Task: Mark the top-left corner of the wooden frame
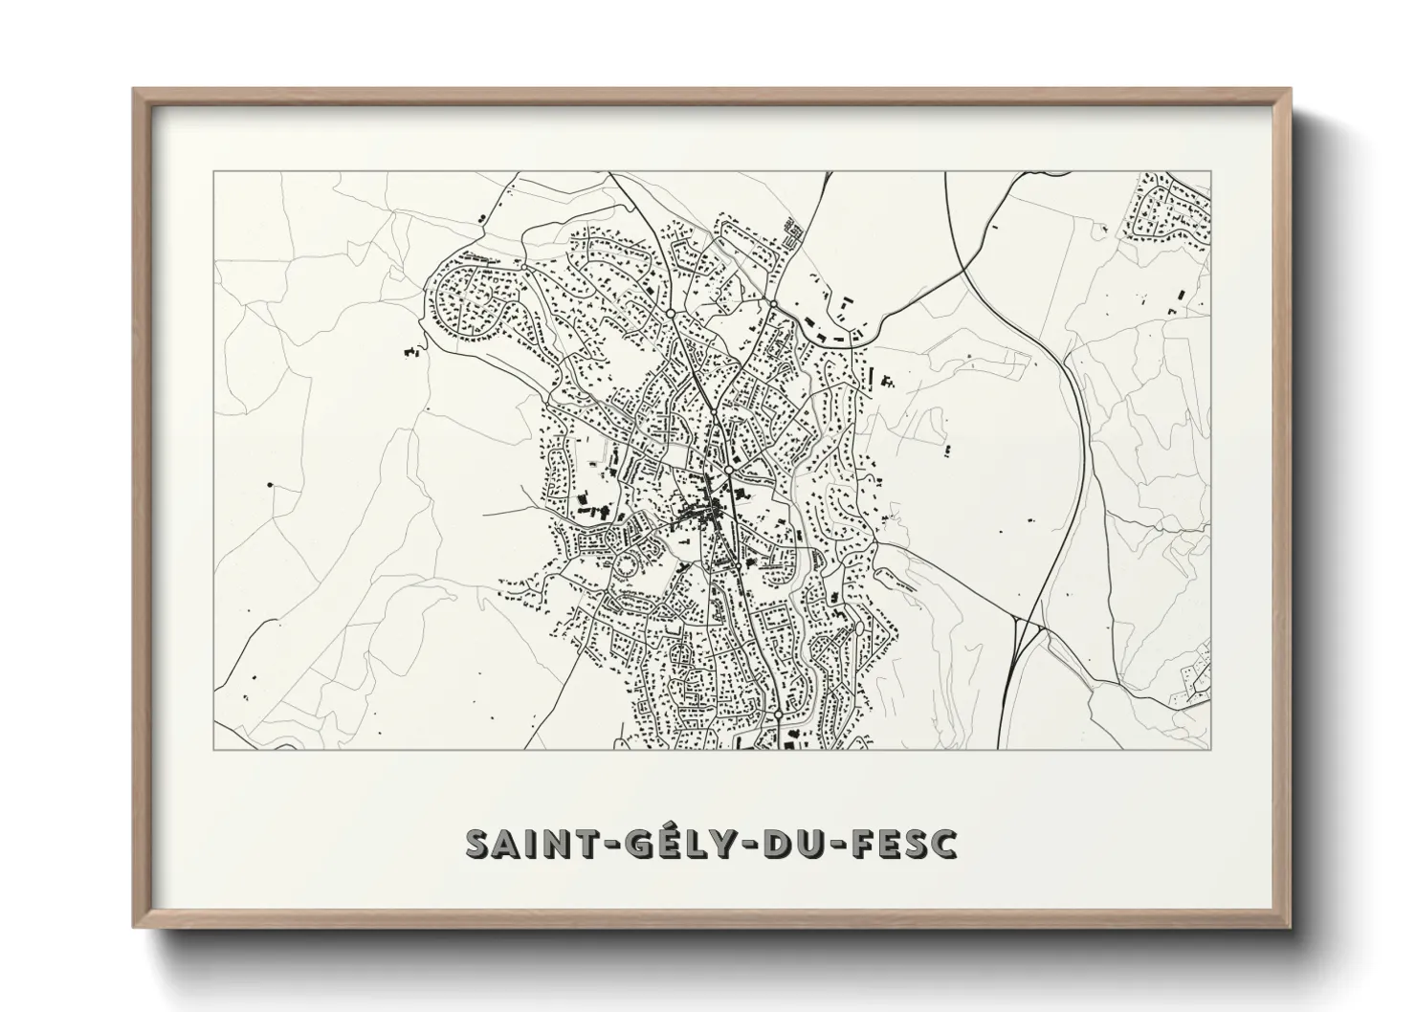point(134,90)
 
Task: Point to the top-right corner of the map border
point(1210,171)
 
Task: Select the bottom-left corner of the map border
point(213,749)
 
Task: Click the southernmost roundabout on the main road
point(779,715)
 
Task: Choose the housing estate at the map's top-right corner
point(1169,206)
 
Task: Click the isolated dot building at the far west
point(271,485)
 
